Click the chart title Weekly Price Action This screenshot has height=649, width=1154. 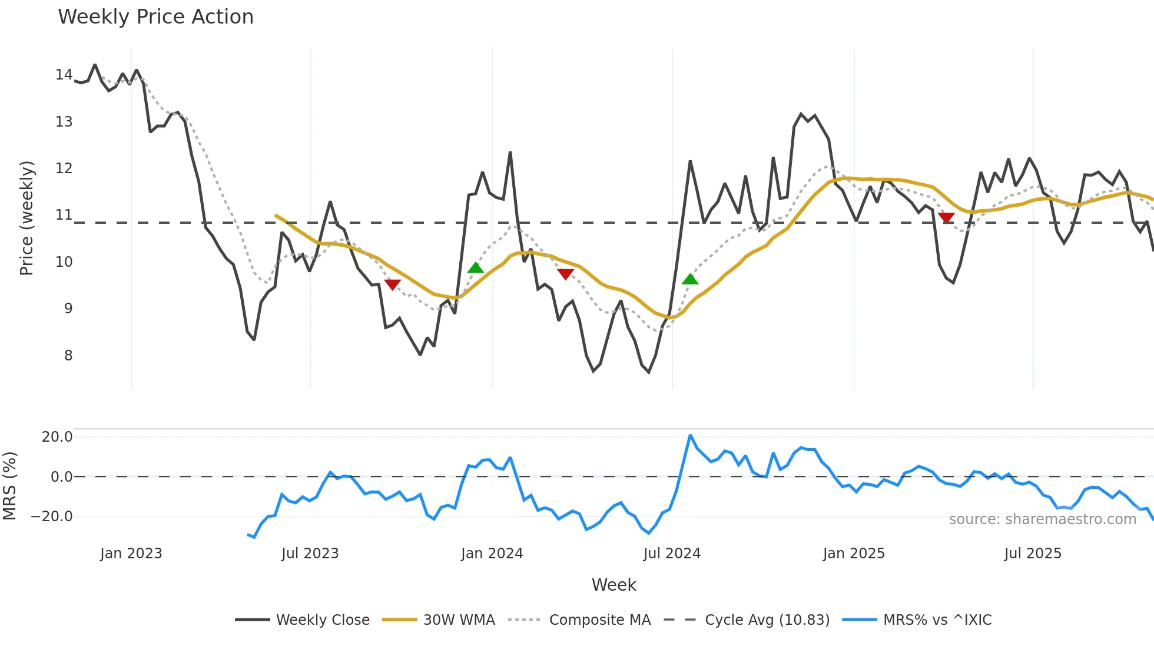tap(155, 17)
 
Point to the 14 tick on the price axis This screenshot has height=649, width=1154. tap(64, 75)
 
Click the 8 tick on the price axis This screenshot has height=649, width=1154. tap(68, 356)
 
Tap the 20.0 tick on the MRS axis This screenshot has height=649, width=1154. tap(57, 437)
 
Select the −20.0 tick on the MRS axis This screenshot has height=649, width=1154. tap(52, 516)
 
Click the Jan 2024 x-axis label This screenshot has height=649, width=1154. tap(492, 554)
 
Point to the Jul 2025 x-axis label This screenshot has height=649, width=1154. tap(1033, 554)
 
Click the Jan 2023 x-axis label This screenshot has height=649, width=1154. tap(131, 554)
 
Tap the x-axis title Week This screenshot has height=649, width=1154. tap(614, 585)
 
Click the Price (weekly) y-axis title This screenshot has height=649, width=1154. tap(26, 218)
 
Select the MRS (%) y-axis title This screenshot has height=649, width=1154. tap(9, 486)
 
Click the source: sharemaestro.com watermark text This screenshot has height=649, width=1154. tap(1042, 519)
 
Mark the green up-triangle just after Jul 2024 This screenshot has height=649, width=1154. tap(690, 279)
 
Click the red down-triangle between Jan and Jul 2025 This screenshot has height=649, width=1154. tap(946, 218)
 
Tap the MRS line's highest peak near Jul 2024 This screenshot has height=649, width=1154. tap(690, 436)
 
